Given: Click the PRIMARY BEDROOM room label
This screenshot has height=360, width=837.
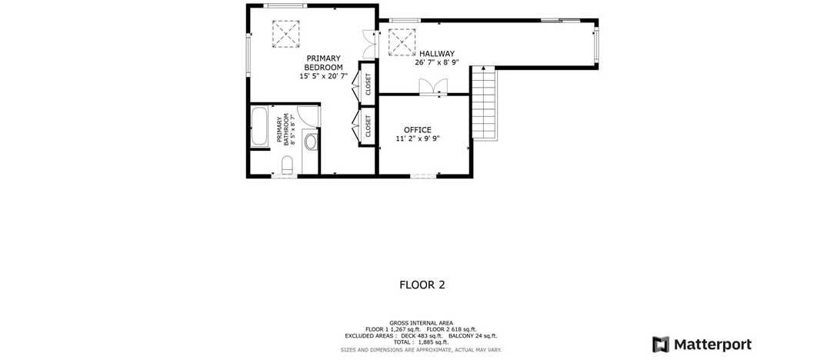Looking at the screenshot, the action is pos(323,62).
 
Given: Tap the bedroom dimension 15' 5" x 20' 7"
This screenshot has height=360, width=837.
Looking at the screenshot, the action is pos(323,76).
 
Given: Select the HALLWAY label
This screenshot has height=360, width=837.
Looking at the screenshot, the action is pos(437,53).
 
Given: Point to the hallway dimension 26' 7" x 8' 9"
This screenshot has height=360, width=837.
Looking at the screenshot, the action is pos(437,62).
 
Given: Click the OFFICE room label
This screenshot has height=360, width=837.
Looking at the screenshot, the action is pos(418,130).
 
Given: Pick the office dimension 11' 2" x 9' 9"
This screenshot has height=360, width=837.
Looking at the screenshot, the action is pos(418,138).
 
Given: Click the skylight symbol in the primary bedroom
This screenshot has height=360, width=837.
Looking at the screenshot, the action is pos(285,34).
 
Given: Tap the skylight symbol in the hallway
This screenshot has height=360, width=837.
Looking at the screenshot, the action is pos(402,42).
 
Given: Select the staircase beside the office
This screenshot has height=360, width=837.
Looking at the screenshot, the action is pos(484,103).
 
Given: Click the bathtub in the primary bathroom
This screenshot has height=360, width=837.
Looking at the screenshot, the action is pos(259,127).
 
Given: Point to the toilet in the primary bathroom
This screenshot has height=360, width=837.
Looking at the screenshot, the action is pos(287,165).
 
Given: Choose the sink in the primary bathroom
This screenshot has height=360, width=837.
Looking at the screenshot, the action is pos(311,142).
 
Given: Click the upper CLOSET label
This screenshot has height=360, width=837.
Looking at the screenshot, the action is pos(368,83).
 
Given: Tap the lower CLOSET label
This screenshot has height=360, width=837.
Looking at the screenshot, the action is pos(368,127).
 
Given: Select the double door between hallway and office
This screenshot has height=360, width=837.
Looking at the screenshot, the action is pos(433,88).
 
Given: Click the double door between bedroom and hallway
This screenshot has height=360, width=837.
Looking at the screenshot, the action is pos(369,44).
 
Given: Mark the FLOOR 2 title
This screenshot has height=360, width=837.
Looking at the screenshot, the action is pos(422,285).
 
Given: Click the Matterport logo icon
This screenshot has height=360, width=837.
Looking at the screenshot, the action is pos(661,345).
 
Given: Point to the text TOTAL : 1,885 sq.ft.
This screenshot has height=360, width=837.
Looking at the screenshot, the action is pos(421,342).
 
